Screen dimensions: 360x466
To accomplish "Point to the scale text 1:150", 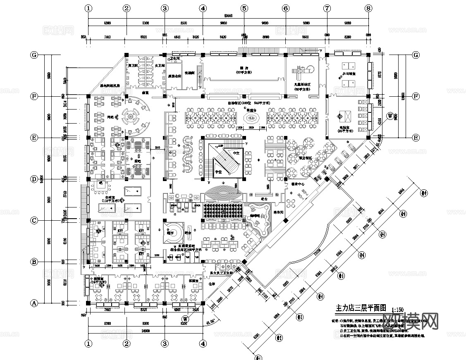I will pyautogui.click(x=398, y=309).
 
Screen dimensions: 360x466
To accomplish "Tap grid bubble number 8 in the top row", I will pyautogui.click(x=368, y=8).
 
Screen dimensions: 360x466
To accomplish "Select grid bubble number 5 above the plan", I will pyautogui.click(x=244, y=8).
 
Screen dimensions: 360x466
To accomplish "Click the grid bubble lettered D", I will pyautogui.click(x=35, y=179).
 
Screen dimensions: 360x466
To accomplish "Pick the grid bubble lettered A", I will pyautogui.click(x=35, y=303).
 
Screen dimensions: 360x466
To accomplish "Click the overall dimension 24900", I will pyautogui.click(x=145, y=331).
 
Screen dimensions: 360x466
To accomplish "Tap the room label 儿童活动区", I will pyautogui.click(x=302, y=84).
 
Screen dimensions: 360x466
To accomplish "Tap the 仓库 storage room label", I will pyautogui.click(x=213, y=284).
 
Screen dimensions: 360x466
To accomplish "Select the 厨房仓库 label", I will pyautogui.click(x=174, y=76).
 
